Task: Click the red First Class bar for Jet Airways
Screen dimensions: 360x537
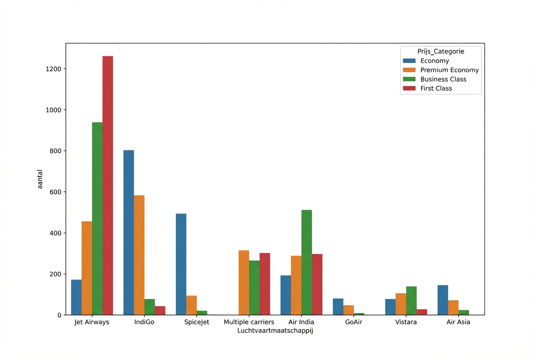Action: (x=107, y=186)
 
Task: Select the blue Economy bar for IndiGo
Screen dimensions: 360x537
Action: (x=129, y=233)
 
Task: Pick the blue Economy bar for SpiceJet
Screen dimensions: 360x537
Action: (x=181, y=264)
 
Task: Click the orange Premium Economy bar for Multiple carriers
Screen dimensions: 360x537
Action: (x=244, y=283)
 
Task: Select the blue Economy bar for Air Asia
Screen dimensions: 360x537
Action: (x=443, y=300)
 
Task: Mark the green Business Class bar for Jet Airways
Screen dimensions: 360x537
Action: (x=97, y=219)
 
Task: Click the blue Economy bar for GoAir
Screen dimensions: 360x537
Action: (x=338, y=307)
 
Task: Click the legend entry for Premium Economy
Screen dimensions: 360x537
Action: (x=449, y=70)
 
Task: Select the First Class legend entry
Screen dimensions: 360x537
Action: (x=436, y=89)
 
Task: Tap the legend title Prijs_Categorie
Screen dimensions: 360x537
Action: (x=441, y=51)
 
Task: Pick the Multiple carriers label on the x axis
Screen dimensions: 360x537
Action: (x=249, y=322)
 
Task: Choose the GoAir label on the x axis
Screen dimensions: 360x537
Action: (x=353, y=322)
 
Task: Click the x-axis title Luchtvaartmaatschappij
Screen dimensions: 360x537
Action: (x=275, y=331)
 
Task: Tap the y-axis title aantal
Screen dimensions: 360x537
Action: (x=40, y=179)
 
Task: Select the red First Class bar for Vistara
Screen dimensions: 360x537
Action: (x=422, y=312)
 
